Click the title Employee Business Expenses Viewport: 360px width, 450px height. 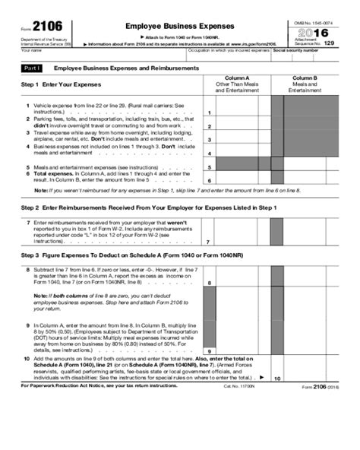point(178,25)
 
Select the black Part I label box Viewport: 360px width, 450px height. point(32,68)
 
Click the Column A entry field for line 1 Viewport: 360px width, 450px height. point(237,110)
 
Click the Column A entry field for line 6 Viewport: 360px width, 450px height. point(237,178)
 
